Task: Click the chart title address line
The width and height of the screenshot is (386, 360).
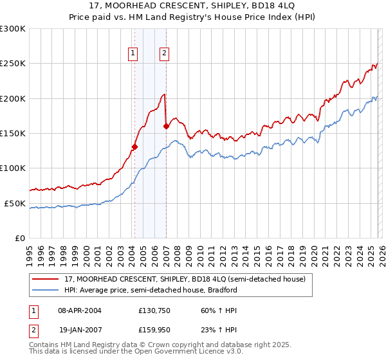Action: [x=193, y=6]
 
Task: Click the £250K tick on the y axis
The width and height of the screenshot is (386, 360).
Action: [x=13, y=64]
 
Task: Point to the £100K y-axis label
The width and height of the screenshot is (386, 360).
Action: [x=13, y=168]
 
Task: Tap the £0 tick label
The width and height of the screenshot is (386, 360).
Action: [x=19, y=238]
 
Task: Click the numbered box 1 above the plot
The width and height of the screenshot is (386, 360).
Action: [x=133, y=54]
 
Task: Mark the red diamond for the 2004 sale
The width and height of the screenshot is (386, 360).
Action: [x=134, y=147]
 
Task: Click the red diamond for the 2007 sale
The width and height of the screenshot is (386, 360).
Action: [x=166, y=126]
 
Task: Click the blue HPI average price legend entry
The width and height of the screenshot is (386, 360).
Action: [x=151, y=290]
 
